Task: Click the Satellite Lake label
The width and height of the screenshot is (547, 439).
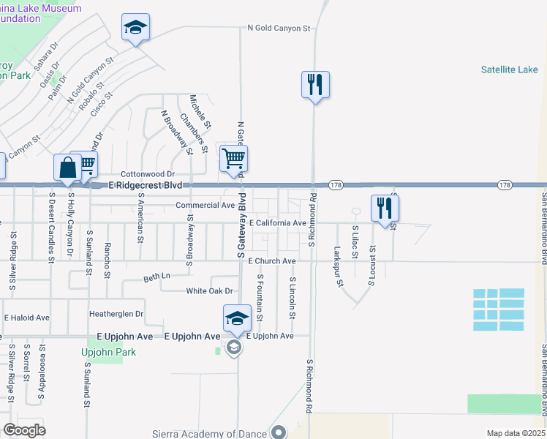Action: tap(509, 70)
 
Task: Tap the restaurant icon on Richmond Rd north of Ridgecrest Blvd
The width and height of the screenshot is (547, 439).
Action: tap(315, 84)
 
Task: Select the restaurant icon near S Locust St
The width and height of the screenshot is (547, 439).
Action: tap(384, 208)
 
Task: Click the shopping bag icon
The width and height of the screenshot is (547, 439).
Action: tap(67, 167)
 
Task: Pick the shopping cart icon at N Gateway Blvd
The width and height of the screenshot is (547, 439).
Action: tap(233, 158)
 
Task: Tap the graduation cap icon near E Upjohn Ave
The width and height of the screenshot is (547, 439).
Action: tap(237, 318)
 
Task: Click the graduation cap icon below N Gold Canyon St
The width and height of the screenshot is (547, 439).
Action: tap(136, 28)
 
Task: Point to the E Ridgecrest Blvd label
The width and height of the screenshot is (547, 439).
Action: tap(146, 186)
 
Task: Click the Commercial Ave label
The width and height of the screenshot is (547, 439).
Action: tap(205, 206)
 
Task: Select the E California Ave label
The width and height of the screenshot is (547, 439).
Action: tap(277, 222)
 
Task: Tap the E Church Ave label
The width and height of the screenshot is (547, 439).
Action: tap(271, 261)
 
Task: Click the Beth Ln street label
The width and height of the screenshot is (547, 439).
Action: tap(156, 277)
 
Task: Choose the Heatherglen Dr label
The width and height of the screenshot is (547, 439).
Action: tap(116, 314)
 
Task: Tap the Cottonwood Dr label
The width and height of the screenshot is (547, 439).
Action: tap(148, 174)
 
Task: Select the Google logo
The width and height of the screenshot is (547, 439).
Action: tap(25, 430)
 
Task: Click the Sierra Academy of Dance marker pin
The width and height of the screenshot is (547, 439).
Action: tap(278, 433)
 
